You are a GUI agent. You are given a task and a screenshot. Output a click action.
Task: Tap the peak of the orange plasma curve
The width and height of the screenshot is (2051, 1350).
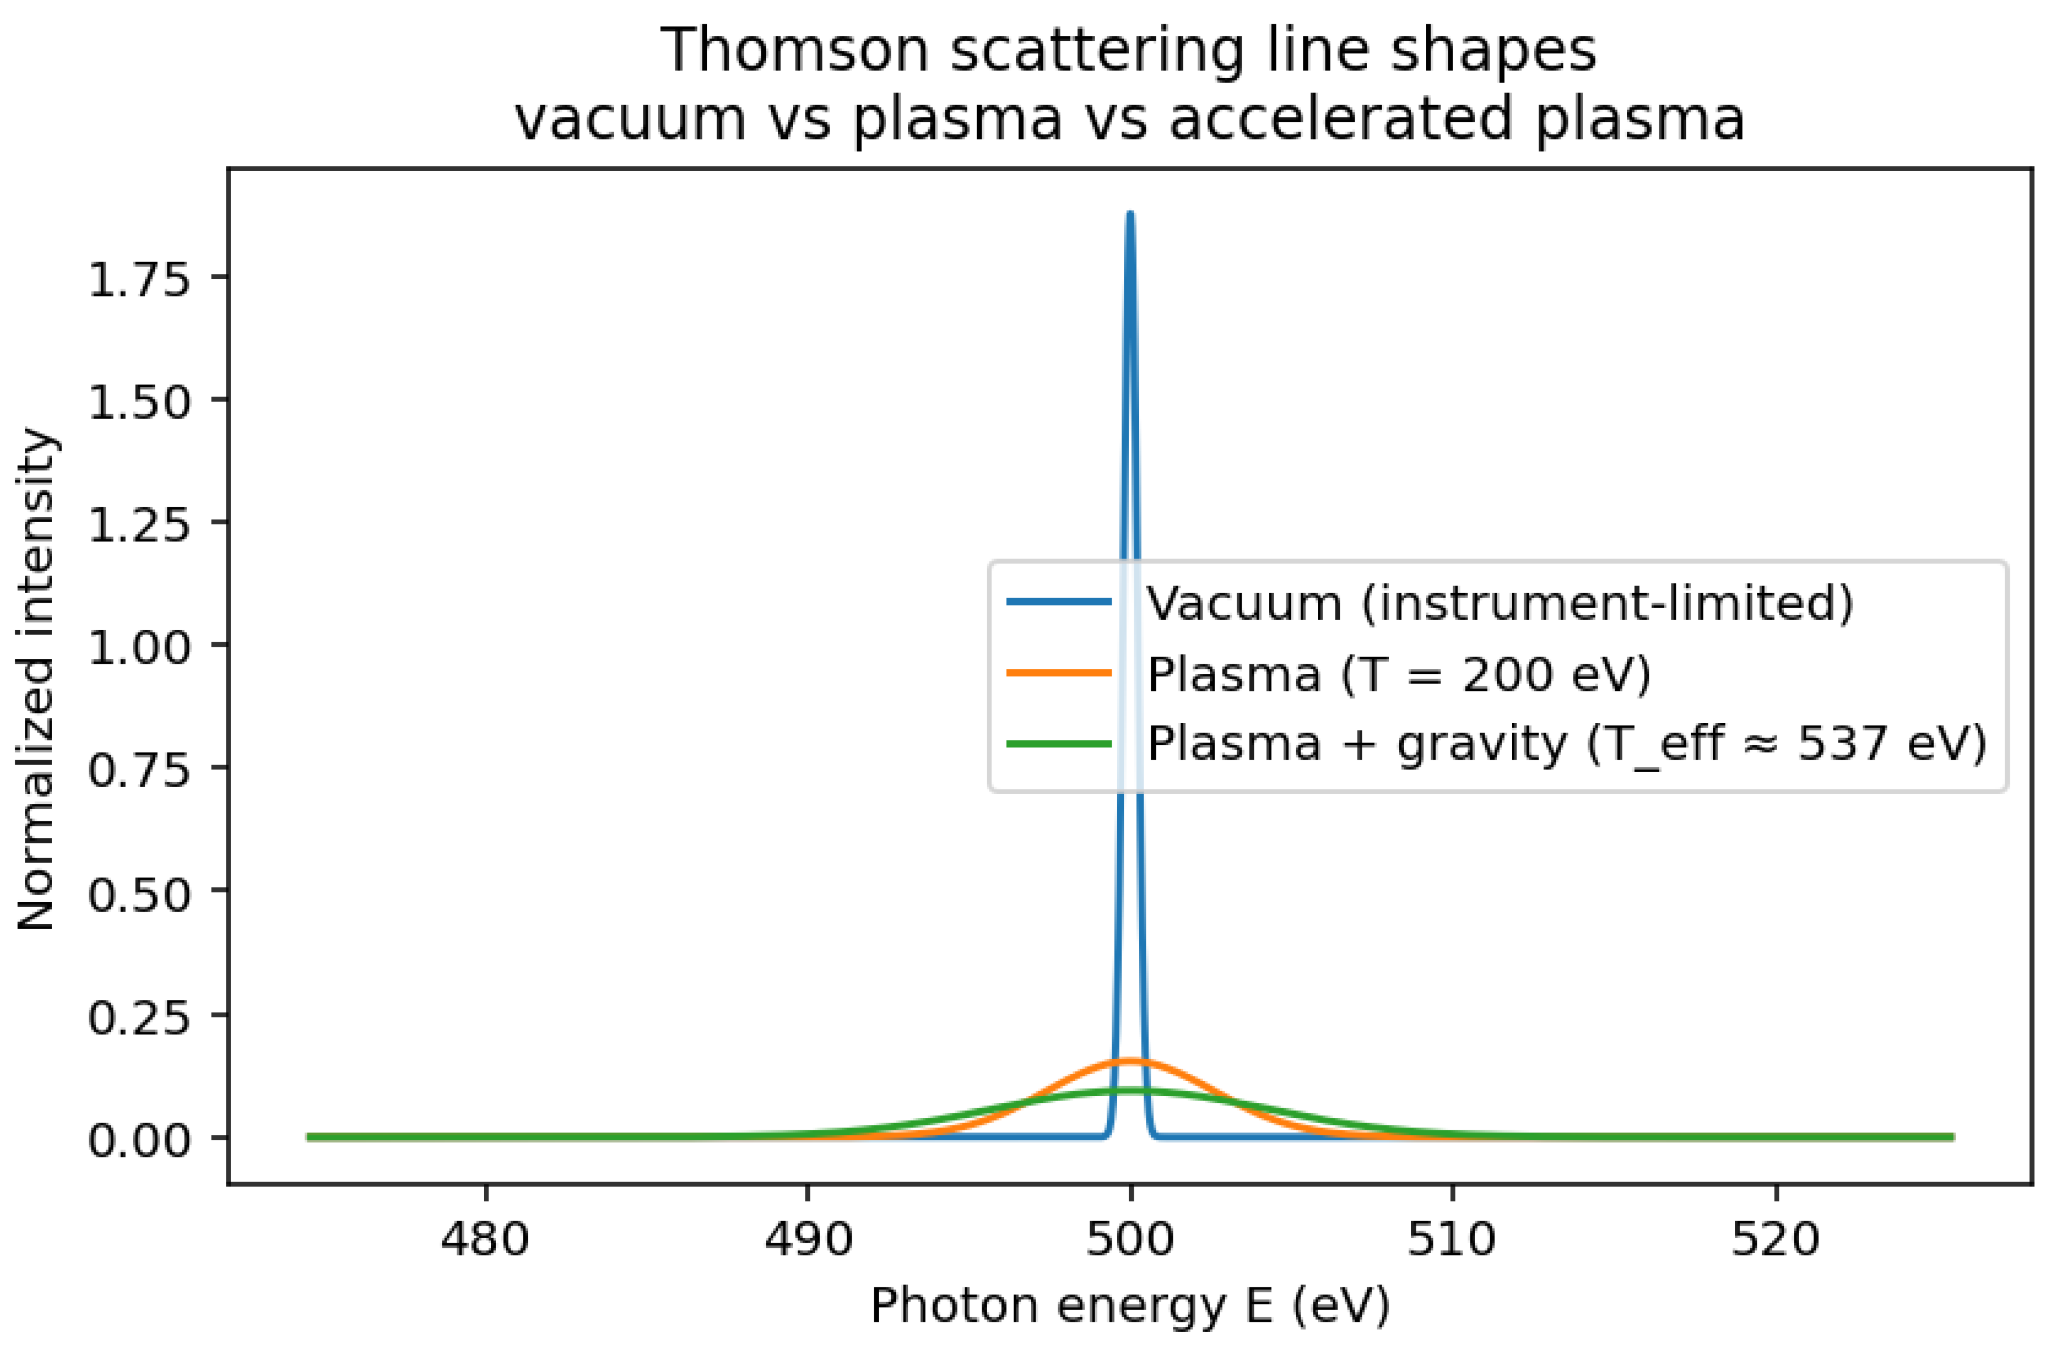[x=1130, y=1061]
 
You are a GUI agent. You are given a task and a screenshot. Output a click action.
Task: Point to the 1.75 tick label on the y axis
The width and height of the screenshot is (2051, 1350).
[x=138, y=281]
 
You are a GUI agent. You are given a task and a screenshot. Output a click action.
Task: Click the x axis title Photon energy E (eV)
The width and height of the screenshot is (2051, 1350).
[x=1130, y=1305]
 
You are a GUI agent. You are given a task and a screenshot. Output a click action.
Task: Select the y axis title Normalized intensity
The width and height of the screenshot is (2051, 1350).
[x=36, y=679]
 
